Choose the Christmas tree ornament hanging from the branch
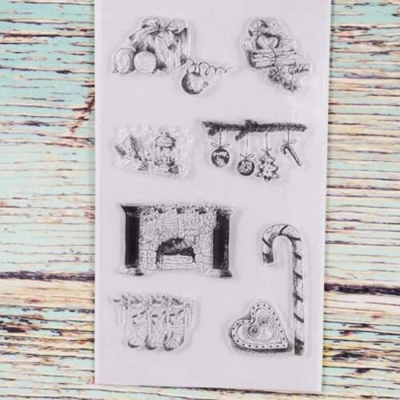click(267, 166)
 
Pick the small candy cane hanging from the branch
click(291, 152)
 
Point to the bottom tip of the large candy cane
click(298, 348)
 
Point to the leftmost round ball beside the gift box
click(124, 61)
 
